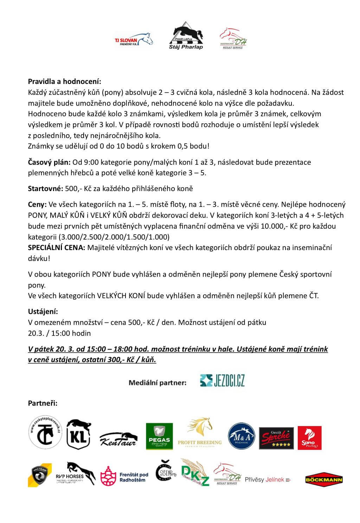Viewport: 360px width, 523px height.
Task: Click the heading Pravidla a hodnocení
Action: click(x=64, y=81)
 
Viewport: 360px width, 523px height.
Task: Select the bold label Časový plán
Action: click(x=49, y=162)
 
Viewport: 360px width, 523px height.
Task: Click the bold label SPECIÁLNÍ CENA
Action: click(x=56, y=248)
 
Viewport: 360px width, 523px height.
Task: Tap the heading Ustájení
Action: click(x=43, y=312)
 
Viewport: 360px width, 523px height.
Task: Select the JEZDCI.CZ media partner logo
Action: click(x=222, y=380)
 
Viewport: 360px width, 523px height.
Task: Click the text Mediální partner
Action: click(x=157, y=383)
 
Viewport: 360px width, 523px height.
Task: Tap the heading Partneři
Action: click(x=43, y=403)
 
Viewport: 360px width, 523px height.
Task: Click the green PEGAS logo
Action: click(x=159, y=436)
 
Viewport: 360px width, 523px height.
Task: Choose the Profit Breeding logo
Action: click(x=200, y=433)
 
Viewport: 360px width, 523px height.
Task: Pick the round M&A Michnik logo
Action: click(x=241, y=436)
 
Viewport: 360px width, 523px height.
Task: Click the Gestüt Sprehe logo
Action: click(x=277, y=438)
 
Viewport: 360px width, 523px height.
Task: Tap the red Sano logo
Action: click(x=309, y=438)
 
